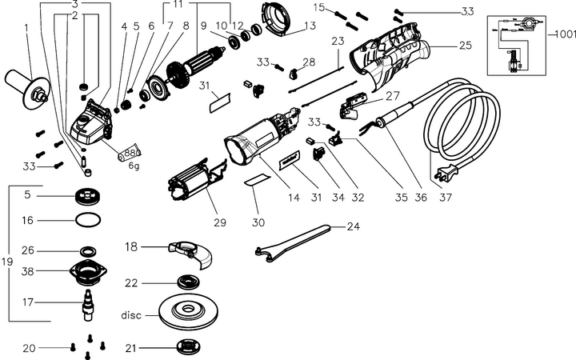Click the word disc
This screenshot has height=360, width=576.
pyautogui.click(x=130, y=314)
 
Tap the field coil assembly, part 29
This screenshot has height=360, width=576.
pyautogui.click(x=197, y=186)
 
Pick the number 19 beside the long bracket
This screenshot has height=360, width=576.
pyautogui.click(x=7, y=262)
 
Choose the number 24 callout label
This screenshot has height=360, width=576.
pyautogui.click(x=353, y=226)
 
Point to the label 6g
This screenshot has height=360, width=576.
pyautogui.click(x=133, y=166)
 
